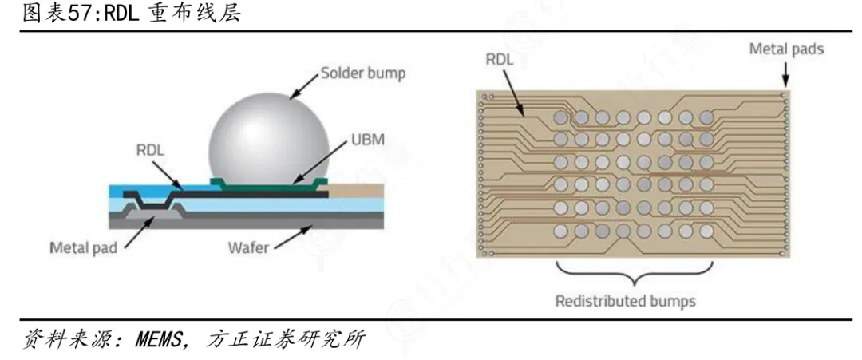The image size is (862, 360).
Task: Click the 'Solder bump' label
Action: click(x=363, y=73)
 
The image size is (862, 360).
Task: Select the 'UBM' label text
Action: click(x=367, y=140)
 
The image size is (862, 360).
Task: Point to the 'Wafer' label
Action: click(x=248, y=248)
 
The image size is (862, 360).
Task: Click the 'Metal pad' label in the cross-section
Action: click(x=84, y=248)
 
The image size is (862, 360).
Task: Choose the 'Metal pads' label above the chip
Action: click(x=787, y=49)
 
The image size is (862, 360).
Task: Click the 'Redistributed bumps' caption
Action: click(x=625, y=301)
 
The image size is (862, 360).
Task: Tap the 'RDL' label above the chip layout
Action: click(x=499, y=60)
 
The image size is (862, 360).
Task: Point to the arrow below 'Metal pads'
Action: click(x=785, y=74)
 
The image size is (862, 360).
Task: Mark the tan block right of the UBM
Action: click(x=355, y=192)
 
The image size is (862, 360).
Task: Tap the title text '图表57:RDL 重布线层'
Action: click(x=131, y=14)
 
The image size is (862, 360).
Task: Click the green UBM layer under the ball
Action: click(x=269, y=187)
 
